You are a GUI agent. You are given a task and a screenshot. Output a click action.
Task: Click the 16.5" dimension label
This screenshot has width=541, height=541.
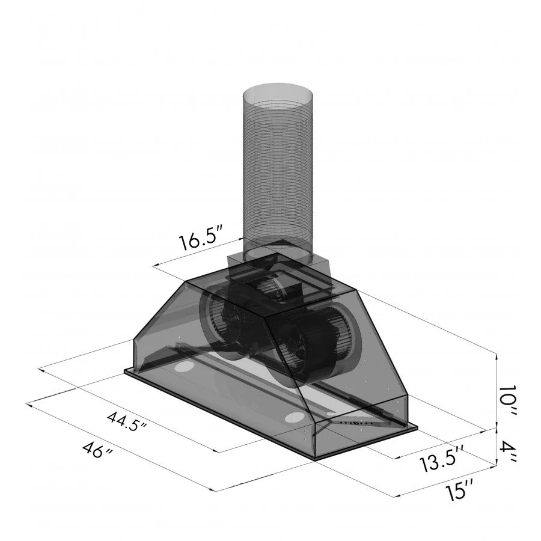click(x=201, y=240)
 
